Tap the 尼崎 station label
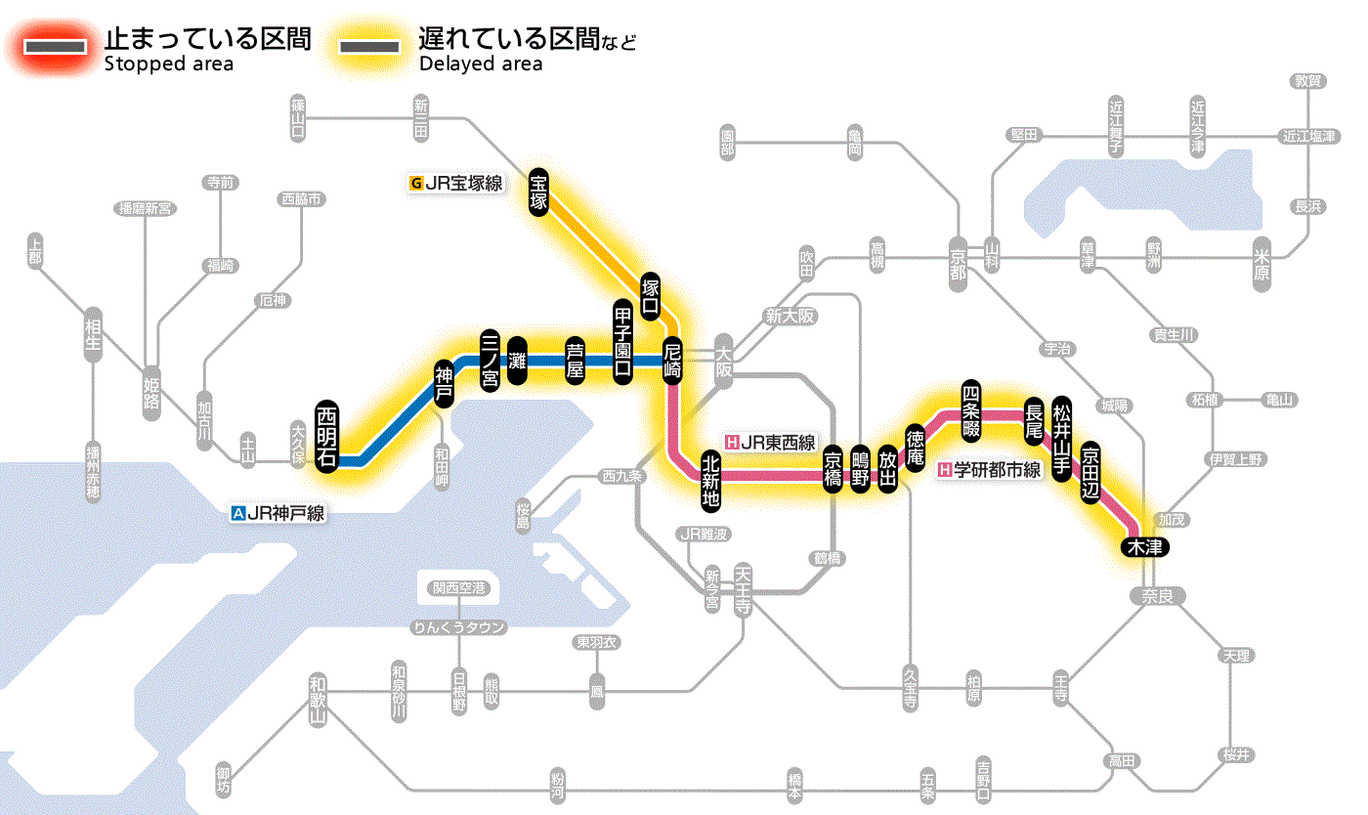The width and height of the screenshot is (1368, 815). (x=672, y=361)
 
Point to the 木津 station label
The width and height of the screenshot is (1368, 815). (x=1144, y=546)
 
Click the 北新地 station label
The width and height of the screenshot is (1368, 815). (x=711, y=481)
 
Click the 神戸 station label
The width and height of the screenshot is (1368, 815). (x=445, y=384)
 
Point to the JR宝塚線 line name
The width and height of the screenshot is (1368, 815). (x=456, y=182)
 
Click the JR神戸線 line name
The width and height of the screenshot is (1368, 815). (x=278, y=512)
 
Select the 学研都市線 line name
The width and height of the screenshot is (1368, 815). (x=990, y=470)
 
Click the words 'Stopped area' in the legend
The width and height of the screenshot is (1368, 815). (x=168, y=64)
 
